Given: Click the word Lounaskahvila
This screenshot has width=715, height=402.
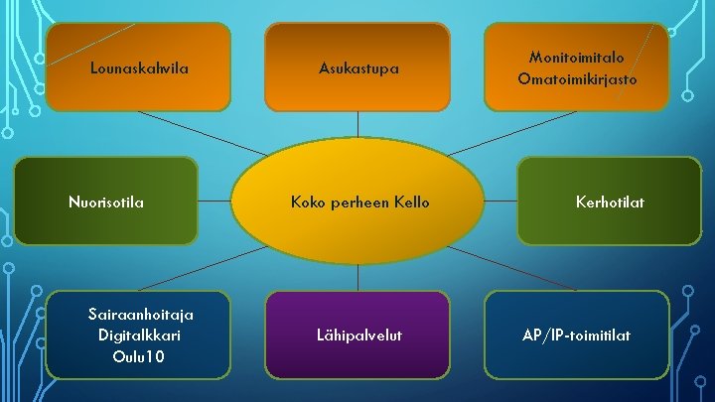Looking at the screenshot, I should point(139,69).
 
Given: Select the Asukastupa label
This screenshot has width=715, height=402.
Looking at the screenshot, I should point(358,69).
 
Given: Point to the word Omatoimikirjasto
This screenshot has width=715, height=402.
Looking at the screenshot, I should point(577,78).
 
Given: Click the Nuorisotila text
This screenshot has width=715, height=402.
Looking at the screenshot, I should point(105,202).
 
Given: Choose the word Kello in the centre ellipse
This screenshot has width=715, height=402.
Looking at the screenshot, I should point(408,202).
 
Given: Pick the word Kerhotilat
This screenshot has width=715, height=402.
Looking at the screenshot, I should point(610,202).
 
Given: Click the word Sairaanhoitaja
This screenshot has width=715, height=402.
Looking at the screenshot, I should point(139,314).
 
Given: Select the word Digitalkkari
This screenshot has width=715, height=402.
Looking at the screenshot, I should point(139,335).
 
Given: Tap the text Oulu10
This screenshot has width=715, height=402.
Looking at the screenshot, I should point(139,355).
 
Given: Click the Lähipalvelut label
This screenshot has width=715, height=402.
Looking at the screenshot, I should point(358,336).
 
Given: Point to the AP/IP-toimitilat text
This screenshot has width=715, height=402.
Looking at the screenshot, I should point(577,336).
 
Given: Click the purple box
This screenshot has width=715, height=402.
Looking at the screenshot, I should point(358,362).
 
